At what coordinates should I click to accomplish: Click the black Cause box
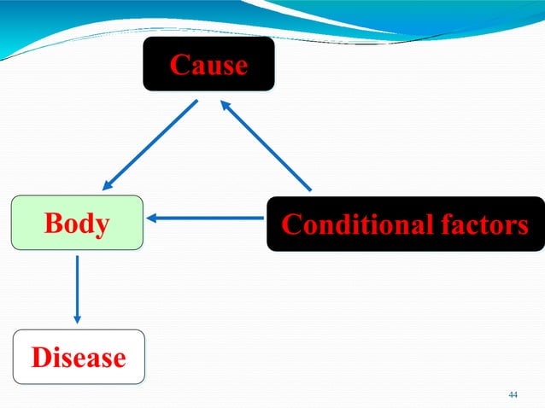click(x=208, y=64)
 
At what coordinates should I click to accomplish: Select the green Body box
click(x=77, y=224)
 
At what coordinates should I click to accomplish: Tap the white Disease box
click(x=79, y=357)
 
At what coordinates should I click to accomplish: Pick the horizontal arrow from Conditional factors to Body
click(x=208, y=219)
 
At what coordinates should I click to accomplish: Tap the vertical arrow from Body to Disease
click(x=78, y=289)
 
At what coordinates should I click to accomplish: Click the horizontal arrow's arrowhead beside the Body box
click(x=155, y=219)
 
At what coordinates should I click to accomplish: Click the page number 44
click(x=513, y=394)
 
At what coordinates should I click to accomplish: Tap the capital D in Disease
click(x=40, y=357)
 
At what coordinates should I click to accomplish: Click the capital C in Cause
click(x=179, y=65)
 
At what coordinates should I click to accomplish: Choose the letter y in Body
click(x=102, y=226)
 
